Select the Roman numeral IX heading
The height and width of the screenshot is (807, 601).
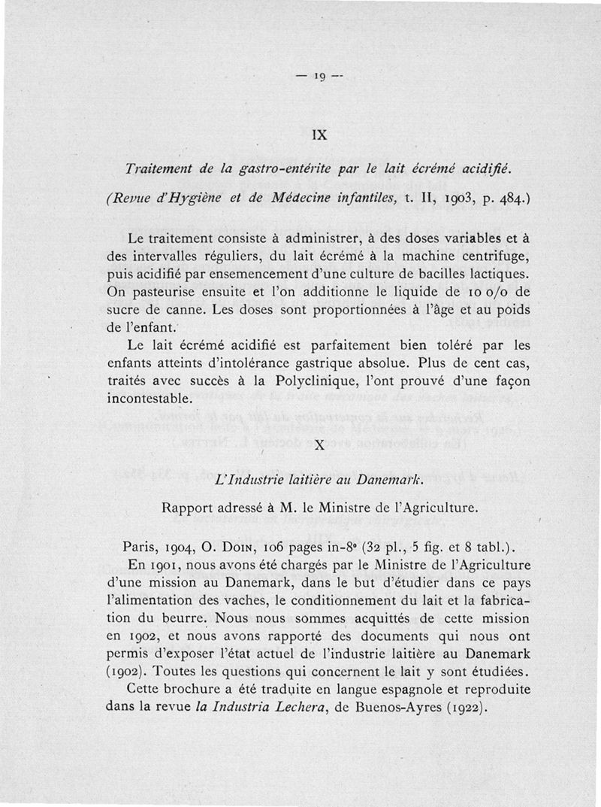tap(319, 137)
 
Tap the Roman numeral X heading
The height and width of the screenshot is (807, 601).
tap(319, 445)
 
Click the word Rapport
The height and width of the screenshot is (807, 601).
tap(189, 508)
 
